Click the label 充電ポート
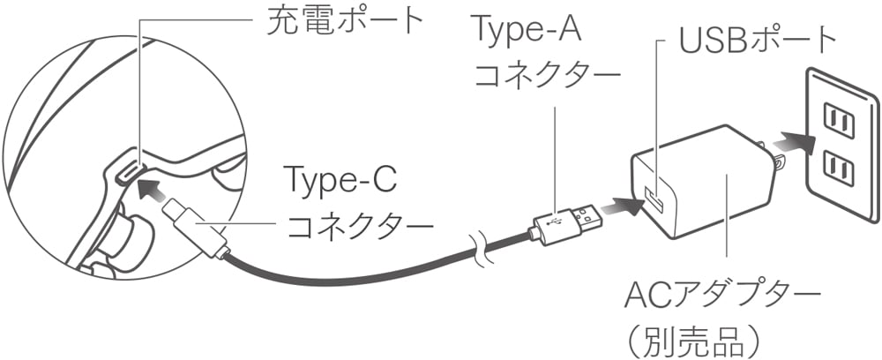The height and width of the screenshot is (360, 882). coord(344,21)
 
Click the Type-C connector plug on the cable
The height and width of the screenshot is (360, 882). coord(195,231)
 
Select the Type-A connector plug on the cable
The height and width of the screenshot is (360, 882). coord(564,224)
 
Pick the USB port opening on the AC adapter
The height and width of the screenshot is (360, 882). coord(654,202)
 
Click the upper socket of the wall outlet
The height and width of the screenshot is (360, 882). coord(839,120)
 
